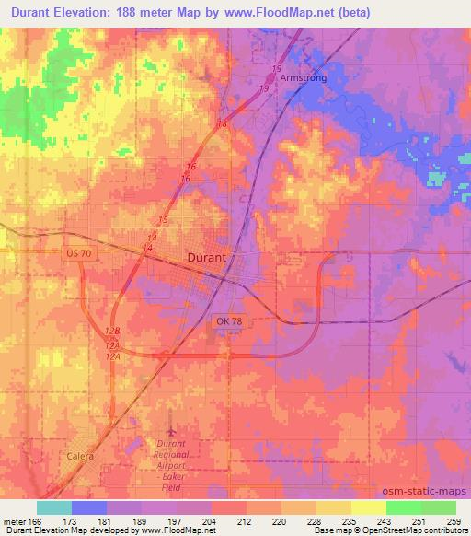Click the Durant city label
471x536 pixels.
tap(206, 259)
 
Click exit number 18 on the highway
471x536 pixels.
tap(222, 123)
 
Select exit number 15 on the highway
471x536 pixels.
tap(163, 220)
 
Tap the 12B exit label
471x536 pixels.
tap(113, 332)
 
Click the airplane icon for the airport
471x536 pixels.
tap(170, 430)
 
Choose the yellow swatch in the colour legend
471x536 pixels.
tap(368, 507)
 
